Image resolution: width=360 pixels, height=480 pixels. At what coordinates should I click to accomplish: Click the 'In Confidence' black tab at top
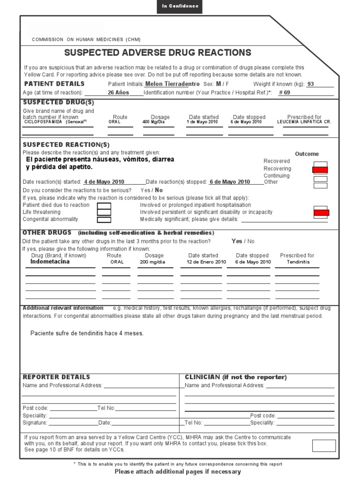click(180, 6)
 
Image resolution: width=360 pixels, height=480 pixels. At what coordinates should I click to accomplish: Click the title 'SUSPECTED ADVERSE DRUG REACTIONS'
click(157, 52)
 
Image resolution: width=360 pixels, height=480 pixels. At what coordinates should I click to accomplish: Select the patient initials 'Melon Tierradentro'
click(172, 84)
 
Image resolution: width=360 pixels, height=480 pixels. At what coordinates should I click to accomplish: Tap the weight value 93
click(310, 84)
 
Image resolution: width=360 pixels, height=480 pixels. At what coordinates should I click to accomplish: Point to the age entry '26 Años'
click(118, 93)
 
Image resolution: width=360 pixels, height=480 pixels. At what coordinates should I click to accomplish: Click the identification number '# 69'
click(285, 93)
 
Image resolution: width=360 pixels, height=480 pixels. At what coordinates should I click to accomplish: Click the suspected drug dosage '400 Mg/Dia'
click(155, 122)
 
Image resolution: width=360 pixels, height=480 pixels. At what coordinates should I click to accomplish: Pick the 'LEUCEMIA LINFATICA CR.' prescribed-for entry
click(304, 122)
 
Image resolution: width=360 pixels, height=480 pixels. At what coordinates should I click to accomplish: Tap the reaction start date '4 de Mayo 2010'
click(104, 182)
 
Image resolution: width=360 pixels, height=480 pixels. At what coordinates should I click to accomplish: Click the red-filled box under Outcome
click(320, 170)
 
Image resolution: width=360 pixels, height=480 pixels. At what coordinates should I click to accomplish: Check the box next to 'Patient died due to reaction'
click(104, 205)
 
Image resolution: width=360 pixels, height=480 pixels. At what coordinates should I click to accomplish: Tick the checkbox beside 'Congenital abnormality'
click(104, 219)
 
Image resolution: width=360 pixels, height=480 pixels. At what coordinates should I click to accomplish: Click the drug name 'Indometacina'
click(50, 262)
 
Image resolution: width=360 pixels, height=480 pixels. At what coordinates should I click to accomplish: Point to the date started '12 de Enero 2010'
click(206, 262)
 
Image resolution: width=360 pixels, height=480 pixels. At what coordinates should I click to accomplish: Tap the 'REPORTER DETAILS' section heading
click(56, 377)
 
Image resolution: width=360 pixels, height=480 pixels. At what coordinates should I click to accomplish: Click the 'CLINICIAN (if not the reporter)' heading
click(236, 377)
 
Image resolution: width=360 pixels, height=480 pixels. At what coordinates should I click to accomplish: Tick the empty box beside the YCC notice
click(323, 445)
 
